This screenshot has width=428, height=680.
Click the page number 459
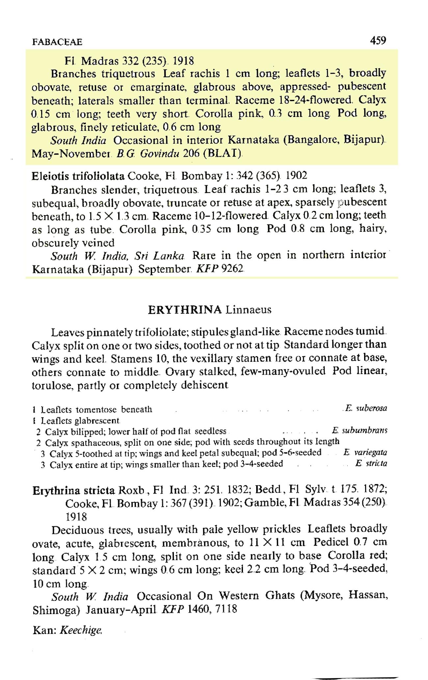click(378, 41)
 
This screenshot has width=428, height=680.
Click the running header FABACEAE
click(57, 42)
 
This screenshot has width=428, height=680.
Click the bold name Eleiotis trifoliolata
click(78, 176)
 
